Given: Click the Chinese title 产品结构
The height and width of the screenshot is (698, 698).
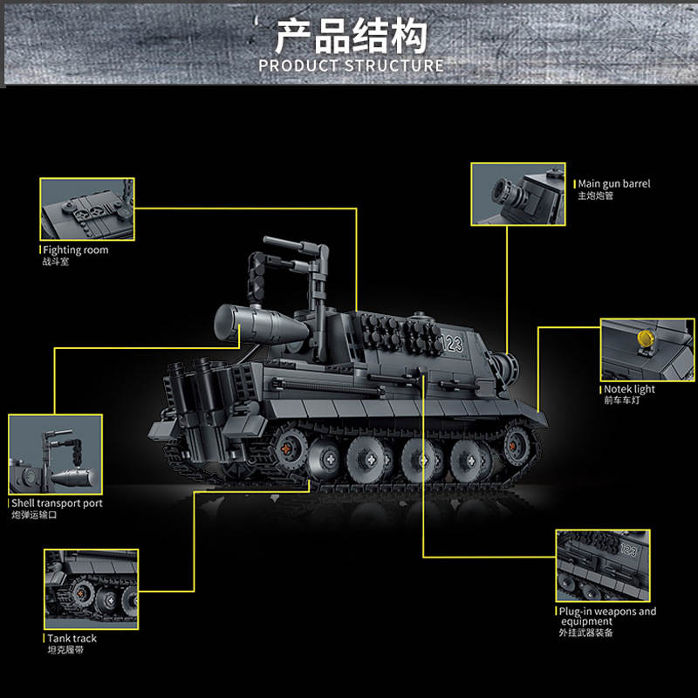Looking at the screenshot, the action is click(x=351, y=37).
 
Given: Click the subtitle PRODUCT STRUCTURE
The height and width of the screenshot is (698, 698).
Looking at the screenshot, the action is click(x=352, y=66).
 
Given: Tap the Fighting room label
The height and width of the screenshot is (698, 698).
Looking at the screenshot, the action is click(x=76, y=250).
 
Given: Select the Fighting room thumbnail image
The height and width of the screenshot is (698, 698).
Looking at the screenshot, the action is click(x=87, y=209).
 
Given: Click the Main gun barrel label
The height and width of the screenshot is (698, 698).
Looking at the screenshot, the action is click(x=614, y=183).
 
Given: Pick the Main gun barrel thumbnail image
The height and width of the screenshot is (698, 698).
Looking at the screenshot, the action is click(x=518, y=194).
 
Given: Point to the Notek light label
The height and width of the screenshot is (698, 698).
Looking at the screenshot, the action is click(x=629, y=388).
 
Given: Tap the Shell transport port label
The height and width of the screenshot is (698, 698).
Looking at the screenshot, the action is click(x=57, y=503).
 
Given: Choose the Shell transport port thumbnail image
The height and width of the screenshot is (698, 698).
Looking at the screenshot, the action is click(x=56, y=455).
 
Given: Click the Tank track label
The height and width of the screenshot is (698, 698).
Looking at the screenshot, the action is click(x=72, y=639).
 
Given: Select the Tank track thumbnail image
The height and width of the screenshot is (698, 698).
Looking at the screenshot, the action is click(x=92, y=590).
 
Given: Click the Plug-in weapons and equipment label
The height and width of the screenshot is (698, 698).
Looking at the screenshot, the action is click(x=607, y=616).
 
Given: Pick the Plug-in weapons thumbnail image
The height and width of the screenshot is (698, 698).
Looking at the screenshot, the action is click(x=603, y=565).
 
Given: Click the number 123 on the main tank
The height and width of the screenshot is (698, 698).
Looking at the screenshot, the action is click(x=452, y=344).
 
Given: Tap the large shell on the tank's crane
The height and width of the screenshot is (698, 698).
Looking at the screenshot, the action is click(x=261, y=324).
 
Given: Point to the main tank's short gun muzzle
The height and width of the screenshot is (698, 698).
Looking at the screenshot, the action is click(x=506, y=368).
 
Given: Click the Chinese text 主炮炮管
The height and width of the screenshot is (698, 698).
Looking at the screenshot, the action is click(x=596, y=195).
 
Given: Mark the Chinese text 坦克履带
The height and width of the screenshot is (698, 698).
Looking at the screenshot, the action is click(x=65, y=650).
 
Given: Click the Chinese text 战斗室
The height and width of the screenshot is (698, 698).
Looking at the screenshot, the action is click(x=56, y=262).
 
